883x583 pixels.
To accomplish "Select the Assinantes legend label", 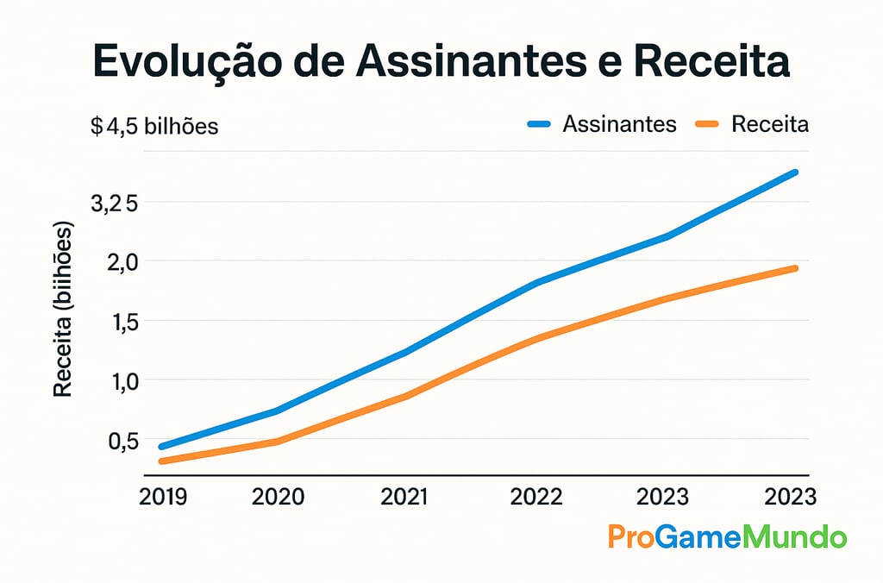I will tap(619, 124).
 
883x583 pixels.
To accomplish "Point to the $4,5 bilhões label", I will tap(155, 127).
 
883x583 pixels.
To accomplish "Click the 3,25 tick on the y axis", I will tap(114, 204).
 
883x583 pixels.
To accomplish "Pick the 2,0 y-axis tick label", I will tap(120, 262).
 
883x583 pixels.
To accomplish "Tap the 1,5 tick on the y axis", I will tap(120, 322).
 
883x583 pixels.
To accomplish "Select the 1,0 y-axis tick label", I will tap(120, 381).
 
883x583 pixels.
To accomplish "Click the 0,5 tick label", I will tap(120, 441).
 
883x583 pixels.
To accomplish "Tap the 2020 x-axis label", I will tap(278, 498).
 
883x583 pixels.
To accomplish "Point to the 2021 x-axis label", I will tap(404, 498).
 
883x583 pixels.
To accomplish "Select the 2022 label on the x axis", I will tap(536, 498).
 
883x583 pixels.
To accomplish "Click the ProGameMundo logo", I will tap(727, 537).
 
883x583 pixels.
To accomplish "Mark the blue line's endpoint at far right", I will tap(795, 172).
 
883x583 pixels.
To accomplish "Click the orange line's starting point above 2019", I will tap(162, 461).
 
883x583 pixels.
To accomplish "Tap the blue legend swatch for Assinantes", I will tap(539, 125).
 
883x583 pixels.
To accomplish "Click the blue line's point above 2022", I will tap(537, 282).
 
